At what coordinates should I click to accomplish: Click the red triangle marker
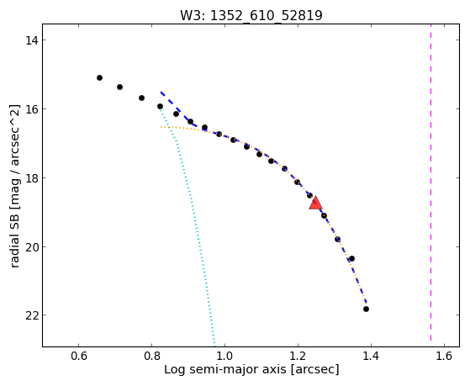click(315, 203)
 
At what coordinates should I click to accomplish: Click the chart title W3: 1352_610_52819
click(251, 15)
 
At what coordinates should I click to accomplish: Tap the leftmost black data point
click(99, 77)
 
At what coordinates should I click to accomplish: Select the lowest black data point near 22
click(366, 309)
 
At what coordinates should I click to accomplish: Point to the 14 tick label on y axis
click(31, 40)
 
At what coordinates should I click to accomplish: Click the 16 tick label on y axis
click(31, 108)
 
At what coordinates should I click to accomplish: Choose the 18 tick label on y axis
click(31, 177)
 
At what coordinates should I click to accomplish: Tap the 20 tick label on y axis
click(31, 247)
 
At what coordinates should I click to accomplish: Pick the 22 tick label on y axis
click(31, 315)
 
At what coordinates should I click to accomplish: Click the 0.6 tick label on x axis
click(78, 356)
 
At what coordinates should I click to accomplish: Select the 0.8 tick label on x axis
click(151, 356)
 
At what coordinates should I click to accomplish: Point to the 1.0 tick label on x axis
click(224, 356)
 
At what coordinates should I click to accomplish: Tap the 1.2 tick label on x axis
click(298, 356)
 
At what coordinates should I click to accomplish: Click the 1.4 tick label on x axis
click(371, 356)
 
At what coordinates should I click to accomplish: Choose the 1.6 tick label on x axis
click(444, 356)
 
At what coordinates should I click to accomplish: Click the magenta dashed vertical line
click(431, 182)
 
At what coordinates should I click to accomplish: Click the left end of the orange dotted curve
click(161, 127)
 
